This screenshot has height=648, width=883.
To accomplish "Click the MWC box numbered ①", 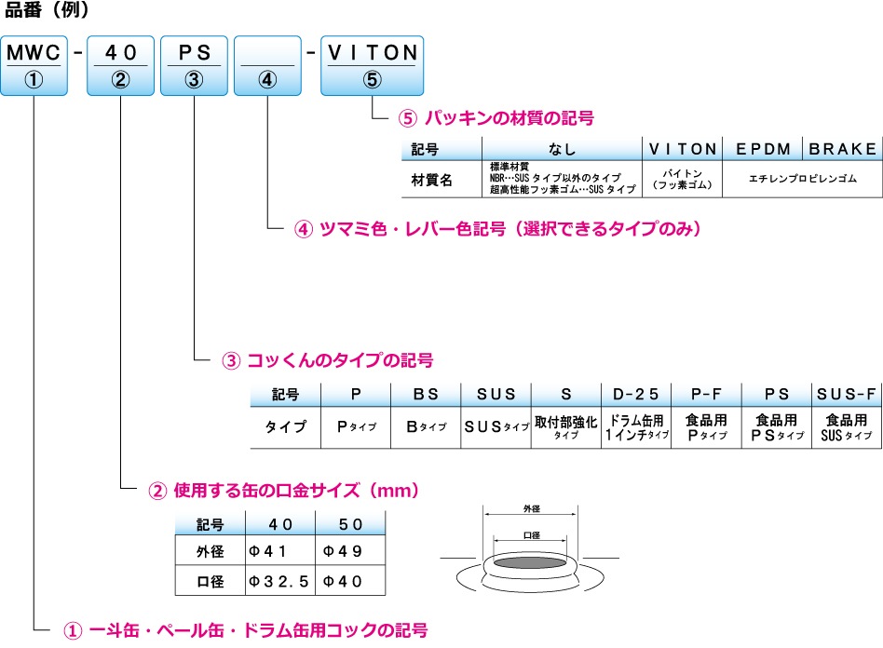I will point(34,65).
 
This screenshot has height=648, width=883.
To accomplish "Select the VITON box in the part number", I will point(372,65).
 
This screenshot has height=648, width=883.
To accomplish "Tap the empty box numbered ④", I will point(267,65).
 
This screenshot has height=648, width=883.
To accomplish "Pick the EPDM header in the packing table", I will point(763,148).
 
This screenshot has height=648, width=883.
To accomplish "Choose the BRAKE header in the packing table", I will point(843,148).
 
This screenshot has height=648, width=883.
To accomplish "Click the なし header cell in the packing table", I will point(563,148).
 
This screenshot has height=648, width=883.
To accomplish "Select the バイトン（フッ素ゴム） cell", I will point(684,179).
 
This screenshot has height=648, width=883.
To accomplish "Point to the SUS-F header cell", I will point(847,395).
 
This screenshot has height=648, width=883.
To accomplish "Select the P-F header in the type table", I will point(706,395).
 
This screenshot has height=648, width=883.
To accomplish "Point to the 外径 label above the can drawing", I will point(532,509).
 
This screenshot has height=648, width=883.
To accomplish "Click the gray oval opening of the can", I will point(532,562).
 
